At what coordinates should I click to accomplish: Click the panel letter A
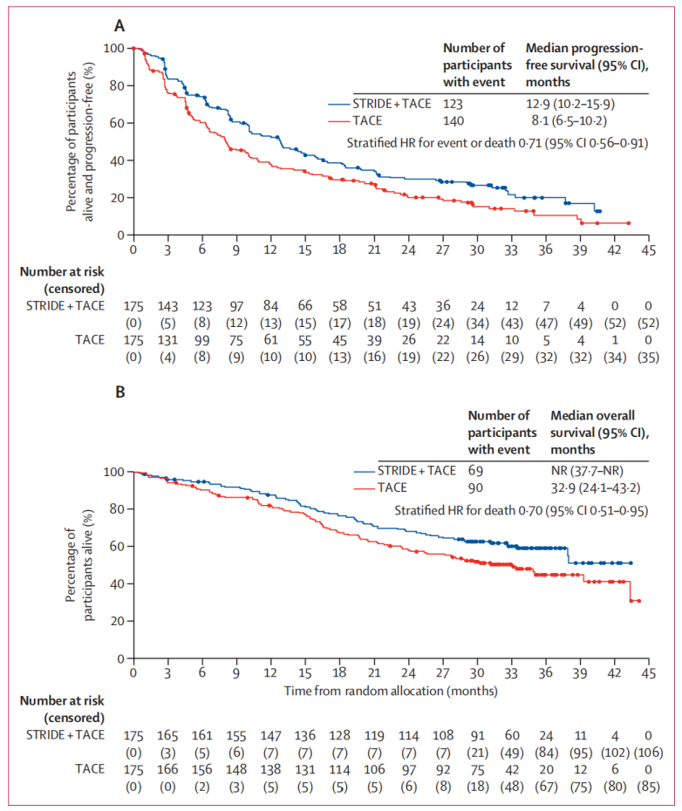[x=119, y=26]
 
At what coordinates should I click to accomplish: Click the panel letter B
[x=120, y=392]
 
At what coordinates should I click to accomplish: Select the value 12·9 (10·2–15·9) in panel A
[x=570, y=104]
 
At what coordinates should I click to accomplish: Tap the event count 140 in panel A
[x=454, y=121]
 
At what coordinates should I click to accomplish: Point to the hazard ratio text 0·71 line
[x=497, y=143]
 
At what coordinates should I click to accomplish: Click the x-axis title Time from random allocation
[x=391, y=691]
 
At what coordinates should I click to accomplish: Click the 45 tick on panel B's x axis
[x=648, y=673]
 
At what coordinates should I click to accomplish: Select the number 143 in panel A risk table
[x=167, y=306]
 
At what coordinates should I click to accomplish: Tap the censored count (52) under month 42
[x=615, y=324]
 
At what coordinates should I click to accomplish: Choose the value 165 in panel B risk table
[x=167, y=735]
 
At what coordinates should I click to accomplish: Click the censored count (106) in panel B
[x=648, y=753]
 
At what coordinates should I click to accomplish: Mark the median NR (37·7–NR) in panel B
[x=587, y=471]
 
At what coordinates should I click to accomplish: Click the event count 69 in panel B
[x=475, y=471]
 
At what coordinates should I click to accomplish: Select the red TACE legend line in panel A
[x=339, y=121]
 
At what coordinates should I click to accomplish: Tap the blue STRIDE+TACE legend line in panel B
[x=365, y=472]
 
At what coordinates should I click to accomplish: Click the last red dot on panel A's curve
[x=629, y=223]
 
